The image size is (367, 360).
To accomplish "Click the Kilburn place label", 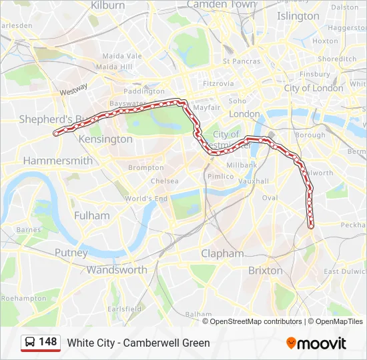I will [x=107, y=5].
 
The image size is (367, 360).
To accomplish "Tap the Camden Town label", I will [x=221, y=5].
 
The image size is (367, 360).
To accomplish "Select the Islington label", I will [x=298, y=15].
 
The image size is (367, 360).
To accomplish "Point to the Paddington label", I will [x=144, y=91].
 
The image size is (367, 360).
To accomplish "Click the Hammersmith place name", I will [x=57, y=161].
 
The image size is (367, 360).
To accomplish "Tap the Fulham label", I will [x=91, y=215].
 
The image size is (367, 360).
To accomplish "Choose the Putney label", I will [x=71, y=253].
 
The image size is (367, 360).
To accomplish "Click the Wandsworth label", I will [x=116, y=270].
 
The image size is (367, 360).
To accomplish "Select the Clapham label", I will [x=222, y=253].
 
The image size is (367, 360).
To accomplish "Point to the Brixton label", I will [x=265, y=271].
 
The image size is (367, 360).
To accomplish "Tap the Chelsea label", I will [x=164, y=181].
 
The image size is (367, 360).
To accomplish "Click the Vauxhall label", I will [x=254, y=181].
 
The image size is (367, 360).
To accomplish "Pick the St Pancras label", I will [x=242, y=61].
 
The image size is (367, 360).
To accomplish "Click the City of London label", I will [x=313, y=88].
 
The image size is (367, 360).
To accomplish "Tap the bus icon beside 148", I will [x=30, y=343].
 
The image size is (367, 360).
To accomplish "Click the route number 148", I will [x=48, y=342].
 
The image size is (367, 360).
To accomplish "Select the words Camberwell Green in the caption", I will [x=169, y=343].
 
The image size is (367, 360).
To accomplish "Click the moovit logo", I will [x=316, y=343].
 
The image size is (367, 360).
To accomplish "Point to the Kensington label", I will [x=105, y=139].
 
